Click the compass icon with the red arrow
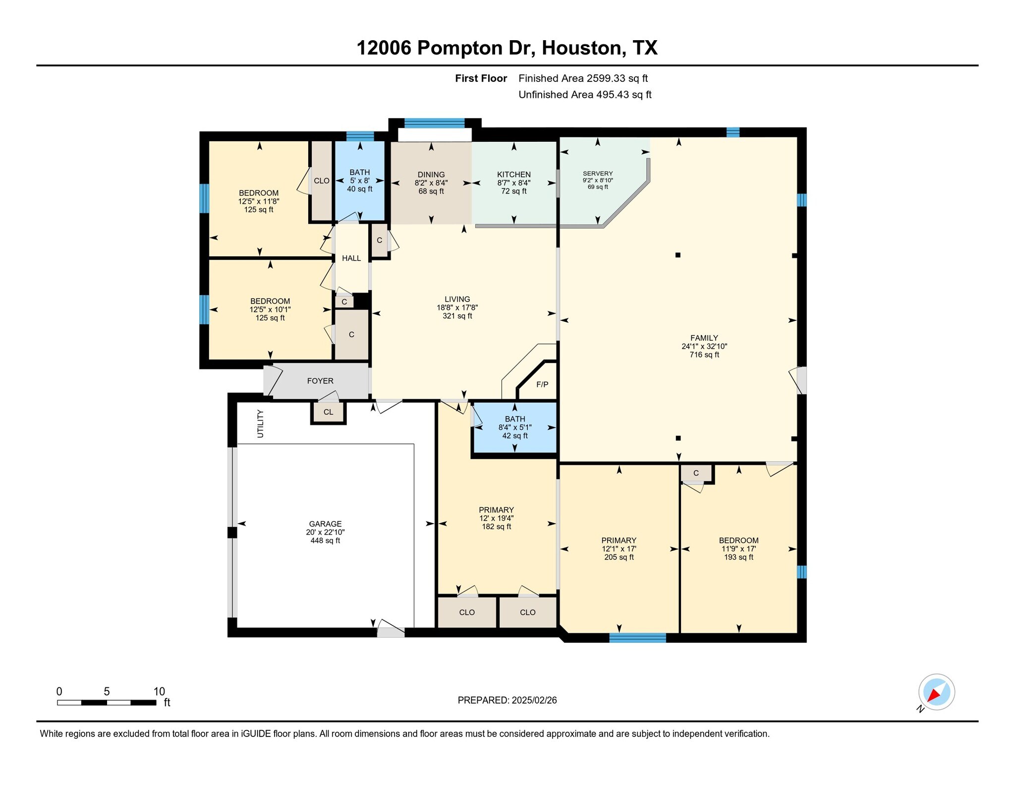(936, 692)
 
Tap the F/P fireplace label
(542, 384)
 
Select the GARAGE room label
(325, 524)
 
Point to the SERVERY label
(598, 174)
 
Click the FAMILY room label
(704, 338)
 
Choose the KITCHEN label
(514, 175)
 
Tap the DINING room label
(431, 175)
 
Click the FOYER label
(320, 381)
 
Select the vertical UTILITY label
(261, 423)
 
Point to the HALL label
(351, 258)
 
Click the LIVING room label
(457, 299)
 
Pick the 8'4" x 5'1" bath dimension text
(515, 427)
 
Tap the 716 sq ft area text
(704, 355)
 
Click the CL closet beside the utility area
(328, 412)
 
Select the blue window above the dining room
(435, 123)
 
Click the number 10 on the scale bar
(159, 692)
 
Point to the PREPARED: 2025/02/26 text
(507, 700)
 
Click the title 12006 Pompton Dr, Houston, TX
(507, 48)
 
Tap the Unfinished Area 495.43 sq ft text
(585, 95)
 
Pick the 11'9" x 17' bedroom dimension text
(738, 549)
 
